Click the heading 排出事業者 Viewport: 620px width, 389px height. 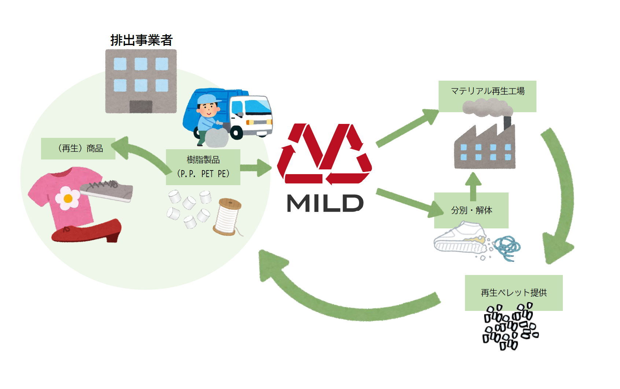[141, 40]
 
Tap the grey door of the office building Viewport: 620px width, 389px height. [141, 106]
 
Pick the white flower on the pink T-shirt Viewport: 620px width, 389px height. [68, 198]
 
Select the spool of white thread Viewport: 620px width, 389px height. [228, 216]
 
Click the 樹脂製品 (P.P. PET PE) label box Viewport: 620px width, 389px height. [203, 167]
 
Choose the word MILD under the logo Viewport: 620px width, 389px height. [325, 203]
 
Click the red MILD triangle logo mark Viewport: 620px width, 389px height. [325, 154]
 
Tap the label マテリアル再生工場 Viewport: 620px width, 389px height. [487, 91]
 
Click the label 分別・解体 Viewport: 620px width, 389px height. [471, 210]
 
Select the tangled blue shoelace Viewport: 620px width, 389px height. [507, 247]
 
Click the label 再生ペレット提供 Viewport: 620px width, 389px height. [513, 293]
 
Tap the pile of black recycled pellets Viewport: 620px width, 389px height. [509, 327]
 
